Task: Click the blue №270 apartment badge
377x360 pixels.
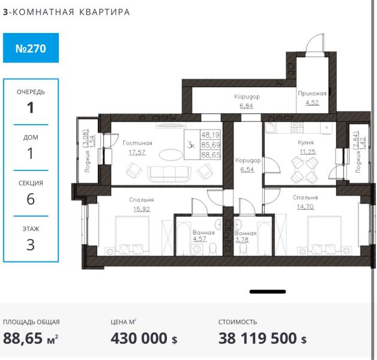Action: click(31, 48)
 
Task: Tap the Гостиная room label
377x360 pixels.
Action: click(137, 143)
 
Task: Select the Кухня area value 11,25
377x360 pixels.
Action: click(307, 152)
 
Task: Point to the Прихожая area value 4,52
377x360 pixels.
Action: click(312, 103)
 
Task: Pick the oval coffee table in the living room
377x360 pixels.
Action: click(170, 155)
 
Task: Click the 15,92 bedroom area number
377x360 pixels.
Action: click(142, 209)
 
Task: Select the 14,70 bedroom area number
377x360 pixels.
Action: click(305, 206)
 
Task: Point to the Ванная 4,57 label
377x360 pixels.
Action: click(204, 236)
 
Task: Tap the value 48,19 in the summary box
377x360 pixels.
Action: click(210, 135)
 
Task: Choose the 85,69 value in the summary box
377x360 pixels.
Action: click(211, 145)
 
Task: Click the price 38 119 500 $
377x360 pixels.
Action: click(262, 338)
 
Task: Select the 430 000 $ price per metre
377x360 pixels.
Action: click(144, 338)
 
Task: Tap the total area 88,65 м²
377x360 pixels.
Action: click(31, 338)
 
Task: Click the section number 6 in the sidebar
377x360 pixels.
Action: click(31, 199)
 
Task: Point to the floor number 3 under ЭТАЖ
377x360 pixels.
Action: click(31, 245)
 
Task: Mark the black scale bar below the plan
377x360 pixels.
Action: click(268, 292)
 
